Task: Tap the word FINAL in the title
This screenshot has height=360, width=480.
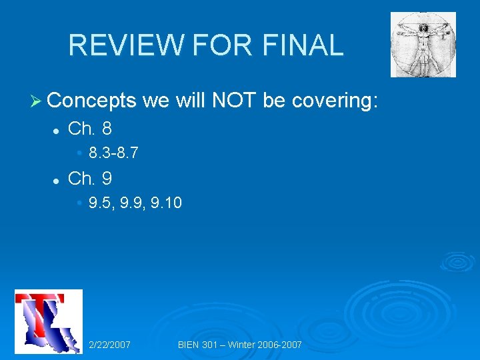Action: [303, 45]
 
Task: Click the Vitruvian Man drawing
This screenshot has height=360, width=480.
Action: [423, 45]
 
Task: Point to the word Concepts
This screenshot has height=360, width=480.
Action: [92, 101]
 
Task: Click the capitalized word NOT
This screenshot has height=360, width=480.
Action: [234, 101]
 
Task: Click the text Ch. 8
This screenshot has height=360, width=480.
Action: [90, 128]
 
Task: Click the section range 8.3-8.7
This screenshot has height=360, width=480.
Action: [113, 153]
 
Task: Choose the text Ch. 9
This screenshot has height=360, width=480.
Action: [90, 179]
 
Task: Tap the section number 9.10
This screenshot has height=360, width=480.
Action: [166, 203]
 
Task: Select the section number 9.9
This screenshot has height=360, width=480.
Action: [133, 203]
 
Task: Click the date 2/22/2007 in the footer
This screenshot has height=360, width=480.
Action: [110, 345]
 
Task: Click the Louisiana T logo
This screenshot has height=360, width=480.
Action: [48, 321]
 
